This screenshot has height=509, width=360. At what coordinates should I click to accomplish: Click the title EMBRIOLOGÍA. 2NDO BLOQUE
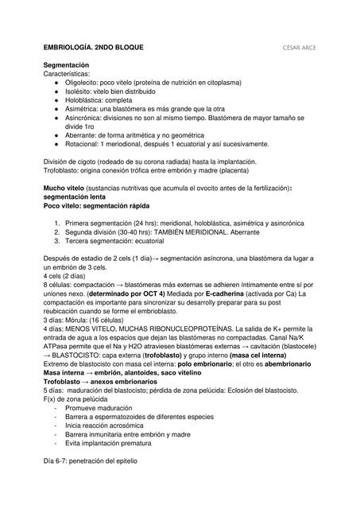pos(93,48)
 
